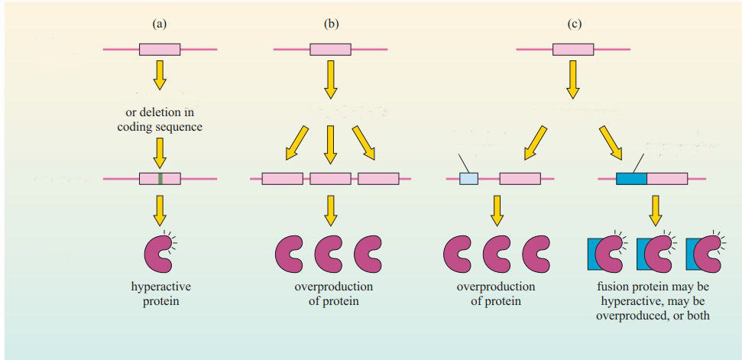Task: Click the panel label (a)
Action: pos(159,24)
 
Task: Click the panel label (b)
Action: pos(331,24)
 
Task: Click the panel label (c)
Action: pos(574,24)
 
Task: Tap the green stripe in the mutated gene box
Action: pos(160,179)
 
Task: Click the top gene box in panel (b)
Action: pos(330,50)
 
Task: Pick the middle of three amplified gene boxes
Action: pos(330,179)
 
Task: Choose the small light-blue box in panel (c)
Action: pos(468,179)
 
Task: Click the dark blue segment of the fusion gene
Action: pos(631,179)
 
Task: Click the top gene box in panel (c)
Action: pos(573,50)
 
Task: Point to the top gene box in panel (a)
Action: pos(159,50)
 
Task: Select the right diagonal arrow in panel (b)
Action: pos(364,144)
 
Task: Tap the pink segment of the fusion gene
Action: pos(666,179)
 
